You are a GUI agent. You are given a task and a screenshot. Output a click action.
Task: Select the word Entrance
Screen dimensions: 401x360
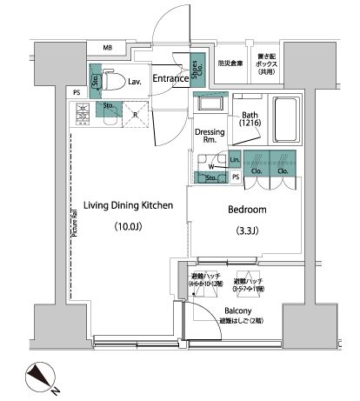pos(171,79)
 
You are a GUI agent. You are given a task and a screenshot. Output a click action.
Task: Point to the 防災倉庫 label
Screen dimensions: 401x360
pos(230,63)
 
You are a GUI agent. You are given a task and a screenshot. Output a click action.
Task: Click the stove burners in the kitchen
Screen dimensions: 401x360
pos(84,113)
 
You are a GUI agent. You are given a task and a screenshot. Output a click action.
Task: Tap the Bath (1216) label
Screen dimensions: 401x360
pos(250,119)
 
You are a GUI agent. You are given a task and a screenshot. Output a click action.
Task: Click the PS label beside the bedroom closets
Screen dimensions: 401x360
pos(237,177)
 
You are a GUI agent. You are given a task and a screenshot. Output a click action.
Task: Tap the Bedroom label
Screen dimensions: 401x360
pos(247,211)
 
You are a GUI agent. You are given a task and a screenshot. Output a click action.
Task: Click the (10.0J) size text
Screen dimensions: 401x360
pos(126,228)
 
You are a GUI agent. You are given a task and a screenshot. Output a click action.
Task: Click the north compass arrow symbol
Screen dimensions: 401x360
pos(42,377)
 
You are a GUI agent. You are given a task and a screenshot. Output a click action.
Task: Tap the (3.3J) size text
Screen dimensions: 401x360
pos(247,231)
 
